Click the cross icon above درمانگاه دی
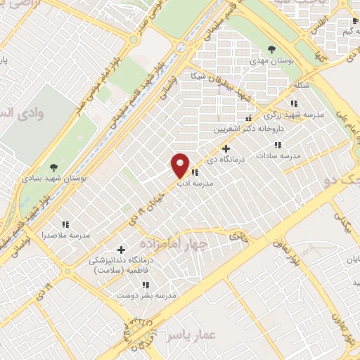pyautogui.click(x=226, y=148)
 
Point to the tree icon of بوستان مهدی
pyautogui.click(x=271, y=49)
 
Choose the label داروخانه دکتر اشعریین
pyautogui.click(x=250, y=130)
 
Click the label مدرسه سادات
pyautogui.click(x=285, y=155)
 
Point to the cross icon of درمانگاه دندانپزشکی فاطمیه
pyautogui.click(x=121, y=250)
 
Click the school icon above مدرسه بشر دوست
pyautogui.click(x=147, y=285)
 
